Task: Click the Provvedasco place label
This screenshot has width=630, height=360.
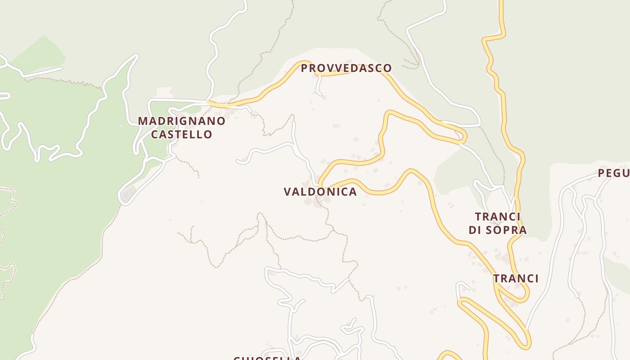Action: click(x=346, y=68)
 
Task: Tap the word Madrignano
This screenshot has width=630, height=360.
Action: click(x=181, y=121)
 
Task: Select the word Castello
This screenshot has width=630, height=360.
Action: click(x=181, y=135)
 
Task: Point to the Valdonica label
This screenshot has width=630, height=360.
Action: click(x=320, y=192)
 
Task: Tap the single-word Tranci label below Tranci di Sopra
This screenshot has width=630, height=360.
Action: click(x=516, y=279)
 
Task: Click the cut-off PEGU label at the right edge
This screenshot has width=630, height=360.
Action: click(x=614, y=173)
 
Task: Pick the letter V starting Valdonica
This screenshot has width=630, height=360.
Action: click(x=287, y=192)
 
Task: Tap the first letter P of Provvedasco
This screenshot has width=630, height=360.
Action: click(x=304, y=68)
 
